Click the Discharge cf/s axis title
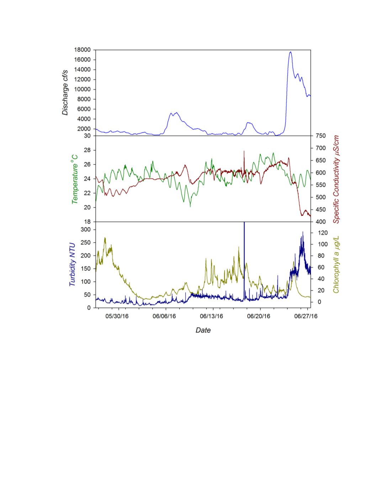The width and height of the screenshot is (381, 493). (65, 93)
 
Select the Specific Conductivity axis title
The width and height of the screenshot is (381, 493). (336, 179)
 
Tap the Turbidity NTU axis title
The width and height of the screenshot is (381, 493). (72, 264)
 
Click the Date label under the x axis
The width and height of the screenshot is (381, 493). (203, 330)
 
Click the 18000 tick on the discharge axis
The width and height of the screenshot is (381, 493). (83, 50)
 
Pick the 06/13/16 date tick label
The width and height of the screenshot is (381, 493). (211, 316)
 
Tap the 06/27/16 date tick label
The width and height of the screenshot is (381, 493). (306, 316)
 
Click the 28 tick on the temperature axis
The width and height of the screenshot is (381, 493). (88, 150)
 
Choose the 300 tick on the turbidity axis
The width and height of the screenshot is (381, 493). (86, 230)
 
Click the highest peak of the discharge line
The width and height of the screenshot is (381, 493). (291, 52)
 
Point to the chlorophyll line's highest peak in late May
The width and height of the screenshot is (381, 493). (105, 238)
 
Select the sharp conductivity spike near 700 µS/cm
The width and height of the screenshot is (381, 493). (244, 151)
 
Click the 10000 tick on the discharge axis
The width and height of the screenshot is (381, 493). (83, 89)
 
